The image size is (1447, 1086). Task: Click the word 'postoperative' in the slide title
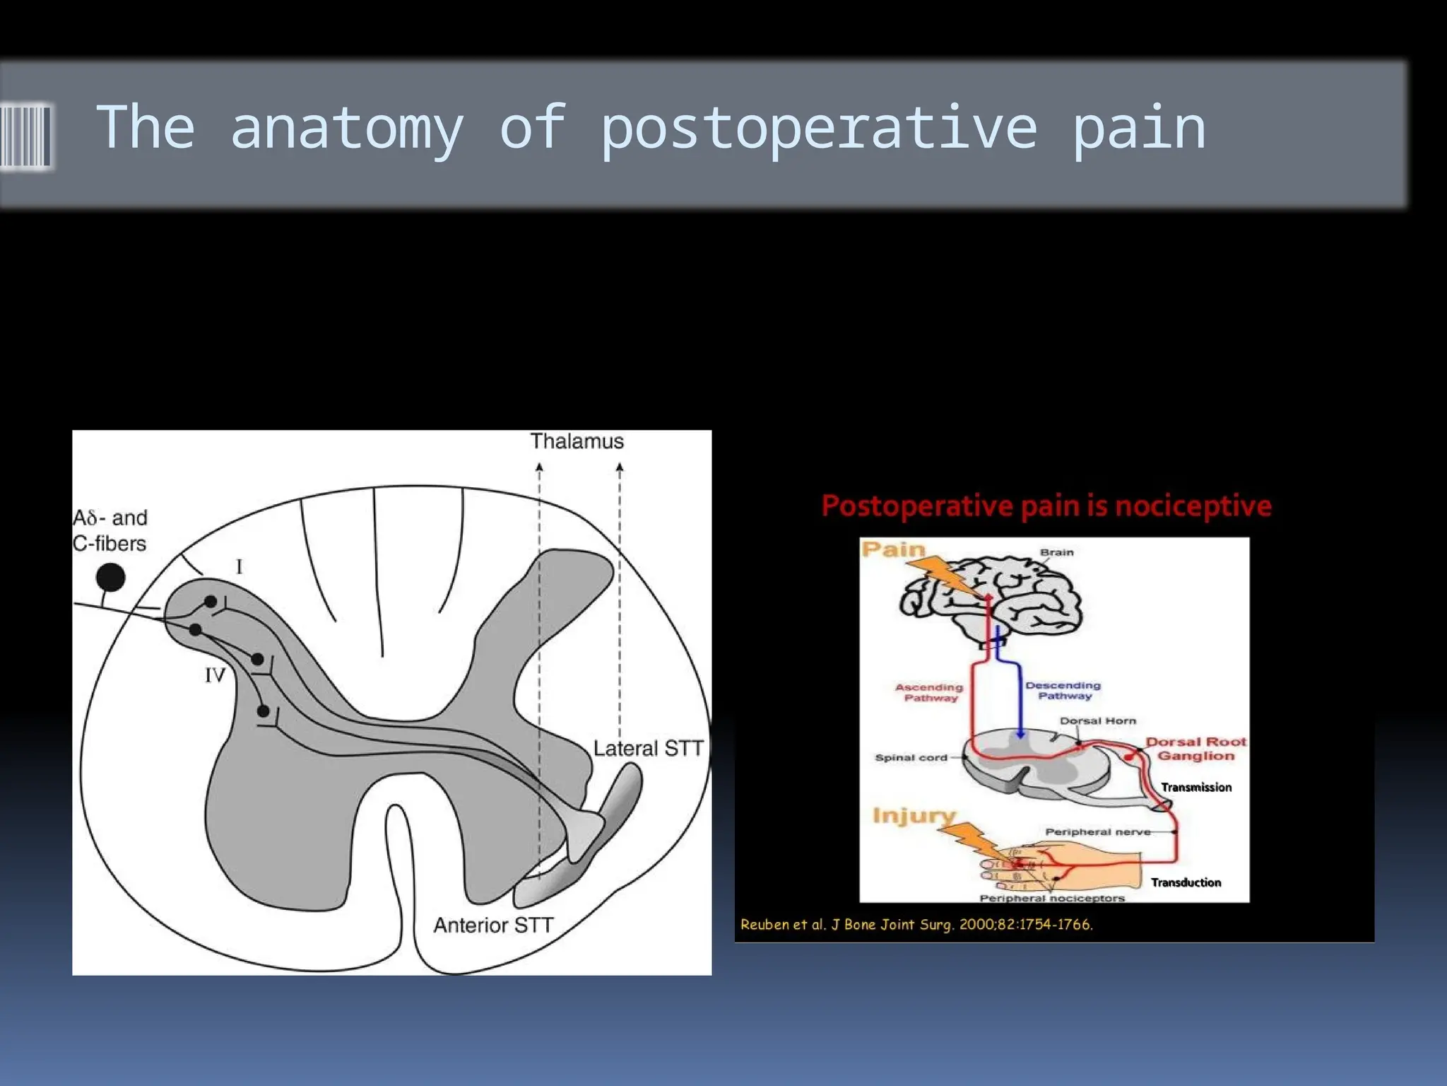(818, 129)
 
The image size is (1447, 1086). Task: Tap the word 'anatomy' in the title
(346, 129)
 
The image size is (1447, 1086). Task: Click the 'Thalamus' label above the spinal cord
(577, 441)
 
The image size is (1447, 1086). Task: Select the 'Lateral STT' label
(648, 749)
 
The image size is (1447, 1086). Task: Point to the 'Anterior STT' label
(492, 925)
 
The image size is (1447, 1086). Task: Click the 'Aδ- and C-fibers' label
(110, 530)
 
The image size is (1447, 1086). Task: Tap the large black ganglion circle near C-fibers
(110, 577)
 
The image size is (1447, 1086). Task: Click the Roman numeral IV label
(215, 675)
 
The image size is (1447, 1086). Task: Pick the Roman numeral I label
(240, 566)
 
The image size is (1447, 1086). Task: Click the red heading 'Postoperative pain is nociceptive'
(1046, 506)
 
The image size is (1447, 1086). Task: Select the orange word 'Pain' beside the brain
(893, 549)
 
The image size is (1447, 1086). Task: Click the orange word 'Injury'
(914, 815)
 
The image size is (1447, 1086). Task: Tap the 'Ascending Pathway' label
(929, 692)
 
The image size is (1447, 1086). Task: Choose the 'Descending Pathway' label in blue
(1063, 691)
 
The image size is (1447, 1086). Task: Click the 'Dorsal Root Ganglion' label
(1195, 749)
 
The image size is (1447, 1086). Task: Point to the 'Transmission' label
(1195, 787)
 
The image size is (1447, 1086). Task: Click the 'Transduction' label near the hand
(1186, 882)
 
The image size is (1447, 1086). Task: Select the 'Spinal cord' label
(911, 757)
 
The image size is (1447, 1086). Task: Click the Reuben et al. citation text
(916, 924)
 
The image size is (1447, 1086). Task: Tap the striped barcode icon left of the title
(25, 136)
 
